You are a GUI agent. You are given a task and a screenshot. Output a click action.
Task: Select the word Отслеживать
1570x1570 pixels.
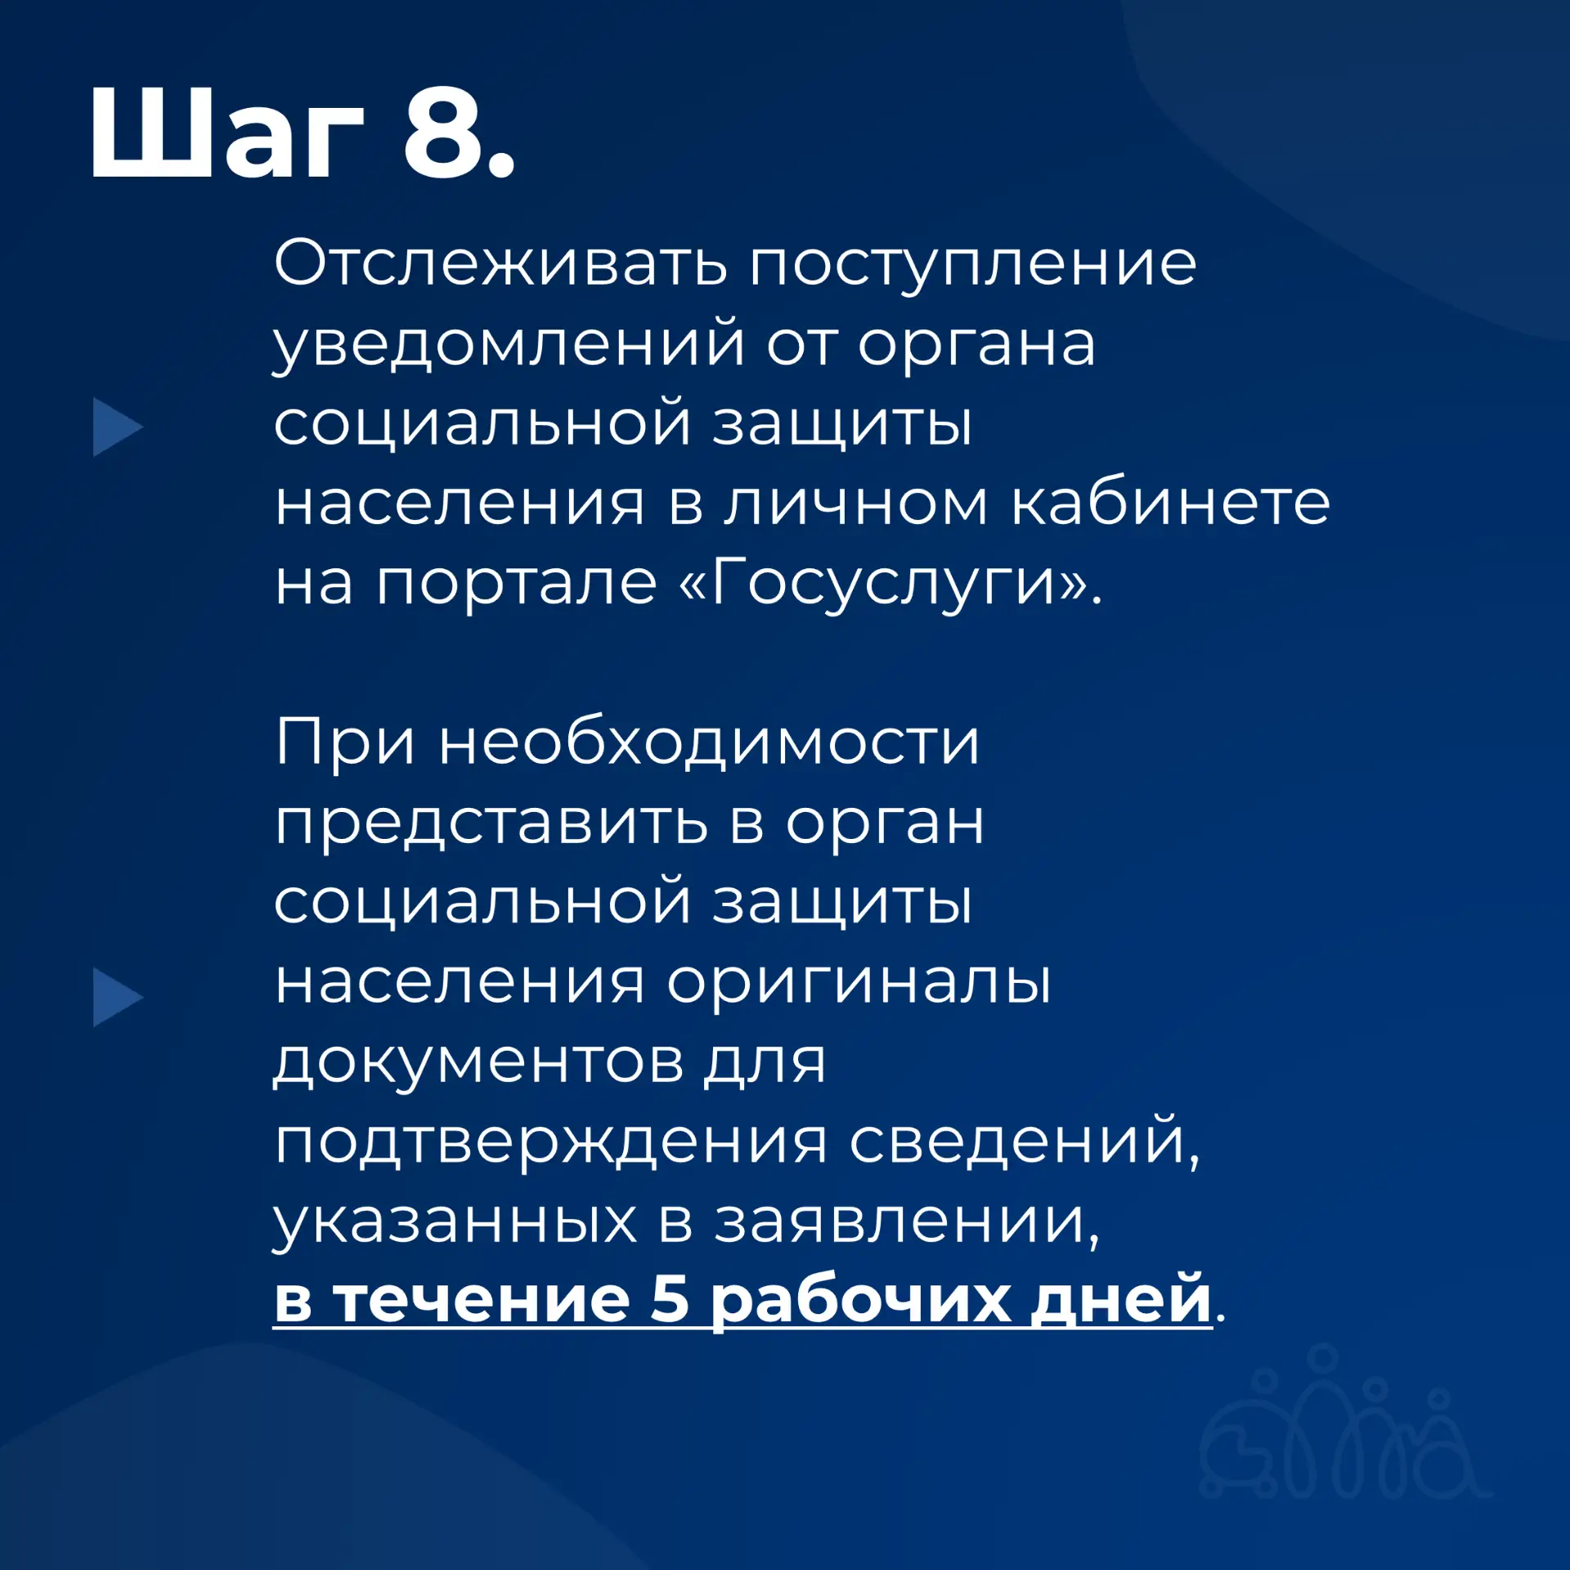[x=500, y=263]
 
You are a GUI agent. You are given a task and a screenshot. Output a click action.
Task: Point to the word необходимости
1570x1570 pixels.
[x=709, y=742]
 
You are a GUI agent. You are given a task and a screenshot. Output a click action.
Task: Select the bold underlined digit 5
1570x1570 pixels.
[x=670, y=1299]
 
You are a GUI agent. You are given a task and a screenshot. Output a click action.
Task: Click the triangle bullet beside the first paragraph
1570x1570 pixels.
[x=117, y=427]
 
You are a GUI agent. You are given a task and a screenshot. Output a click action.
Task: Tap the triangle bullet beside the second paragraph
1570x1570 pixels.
[x=117, y=997]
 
